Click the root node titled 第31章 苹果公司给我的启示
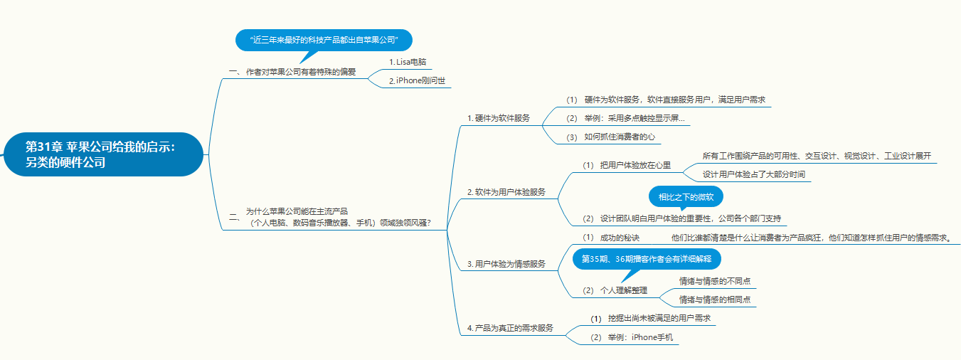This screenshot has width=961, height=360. [103, 154]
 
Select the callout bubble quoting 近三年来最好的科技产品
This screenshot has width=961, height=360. [324, 40]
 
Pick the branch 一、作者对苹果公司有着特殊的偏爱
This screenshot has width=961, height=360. [293, 72]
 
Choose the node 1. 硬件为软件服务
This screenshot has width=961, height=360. [499, 118]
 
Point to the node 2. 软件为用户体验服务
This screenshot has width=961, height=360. [506, 192]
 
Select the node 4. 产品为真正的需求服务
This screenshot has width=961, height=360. [510, 328]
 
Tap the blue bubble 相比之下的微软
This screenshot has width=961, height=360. [686, 196]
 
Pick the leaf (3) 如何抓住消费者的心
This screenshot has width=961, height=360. [610, 137]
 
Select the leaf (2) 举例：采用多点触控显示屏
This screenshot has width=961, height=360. [626, 118]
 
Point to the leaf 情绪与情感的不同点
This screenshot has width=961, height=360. [715, 281]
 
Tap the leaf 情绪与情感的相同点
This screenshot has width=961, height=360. [715, 300]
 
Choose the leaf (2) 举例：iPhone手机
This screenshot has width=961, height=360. [631, 337]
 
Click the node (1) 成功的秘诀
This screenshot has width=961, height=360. [611, 238]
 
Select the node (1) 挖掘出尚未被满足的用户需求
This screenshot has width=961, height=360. [650, 318]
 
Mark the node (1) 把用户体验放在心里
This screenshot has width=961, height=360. [626, 165]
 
